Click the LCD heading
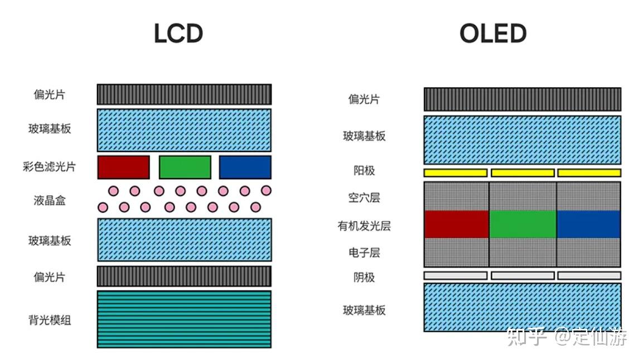coord(178,34)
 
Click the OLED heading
coord(493,34)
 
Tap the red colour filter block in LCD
coord(124,167)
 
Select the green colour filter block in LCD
coord(185,167)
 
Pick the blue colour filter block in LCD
coord(245,167)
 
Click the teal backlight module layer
coord(184,319)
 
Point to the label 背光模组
coord(50,320)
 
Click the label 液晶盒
coord(50,200)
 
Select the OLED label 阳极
coord(364,170)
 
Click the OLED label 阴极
coord(364,277)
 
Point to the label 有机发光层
coord(364,226)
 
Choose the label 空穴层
coord(364,197)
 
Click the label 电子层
coord(364,252)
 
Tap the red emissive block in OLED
coord(456,225)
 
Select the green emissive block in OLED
coord(523,225)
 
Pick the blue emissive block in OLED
coord(588,225)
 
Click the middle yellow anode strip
coord(523,173)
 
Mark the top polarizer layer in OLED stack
coord(522,99)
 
